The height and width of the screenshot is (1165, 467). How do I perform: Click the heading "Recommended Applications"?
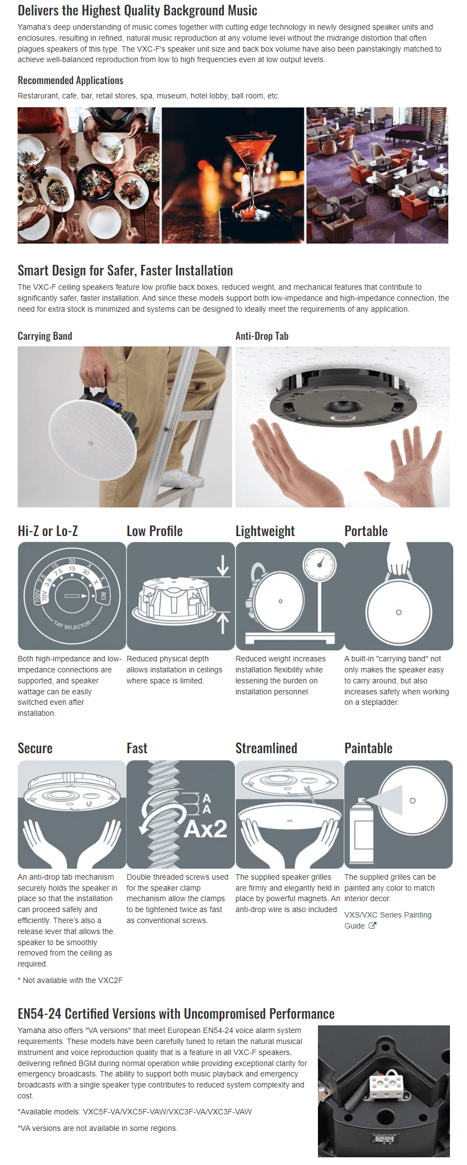coord(70,80)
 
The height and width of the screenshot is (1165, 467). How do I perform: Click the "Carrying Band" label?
coord(45,336)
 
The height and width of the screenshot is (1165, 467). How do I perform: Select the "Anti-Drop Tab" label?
coord(262,336)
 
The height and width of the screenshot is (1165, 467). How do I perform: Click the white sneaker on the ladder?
coord(183,478)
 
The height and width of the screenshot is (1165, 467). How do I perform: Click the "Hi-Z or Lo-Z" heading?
coord(48,531)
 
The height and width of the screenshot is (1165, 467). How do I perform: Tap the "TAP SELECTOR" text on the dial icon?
coord(72,625)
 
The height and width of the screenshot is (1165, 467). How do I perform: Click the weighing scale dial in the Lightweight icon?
coord(319,566)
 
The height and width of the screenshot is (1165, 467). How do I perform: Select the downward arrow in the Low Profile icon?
coord(223,566)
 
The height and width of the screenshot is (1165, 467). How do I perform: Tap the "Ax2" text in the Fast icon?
coord(206,829)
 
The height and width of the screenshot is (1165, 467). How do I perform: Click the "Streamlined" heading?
coord(266,748)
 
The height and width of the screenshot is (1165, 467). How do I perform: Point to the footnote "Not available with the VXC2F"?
coord(70,980)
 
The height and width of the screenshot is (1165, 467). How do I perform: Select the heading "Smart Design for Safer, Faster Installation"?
coord(125,270)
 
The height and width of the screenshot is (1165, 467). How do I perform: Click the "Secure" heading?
coord(35,748)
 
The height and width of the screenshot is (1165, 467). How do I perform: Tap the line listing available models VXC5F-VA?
coord(135,1112)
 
